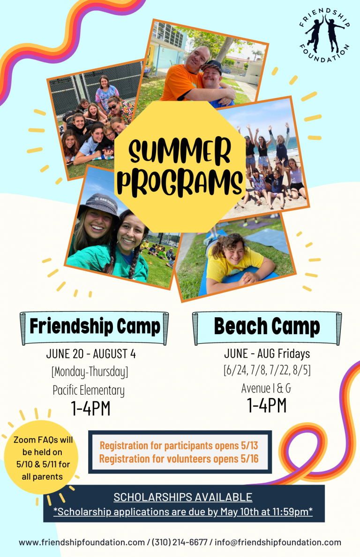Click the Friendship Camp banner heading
point(95,326)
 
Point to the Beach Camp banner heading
point(267,326)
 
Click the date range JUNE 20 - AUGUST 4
point(91,354)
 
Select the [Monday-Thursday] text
point(90,372)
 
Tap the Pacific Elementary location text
point(89,390)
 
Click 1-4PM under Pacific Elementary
point(90,408)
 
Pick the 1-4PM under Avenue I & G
point(267,405)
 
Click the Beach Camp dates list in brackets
point(267,370)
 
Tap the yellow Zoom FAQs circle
point(41,458)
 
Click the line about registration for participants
point(179,445)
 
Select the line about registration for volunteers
point(179,459)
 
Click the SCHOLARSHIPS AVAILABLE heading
point(183,497)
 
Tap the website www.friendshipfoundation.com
point(82,542)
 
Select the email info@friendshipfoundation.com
point(278,542)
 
